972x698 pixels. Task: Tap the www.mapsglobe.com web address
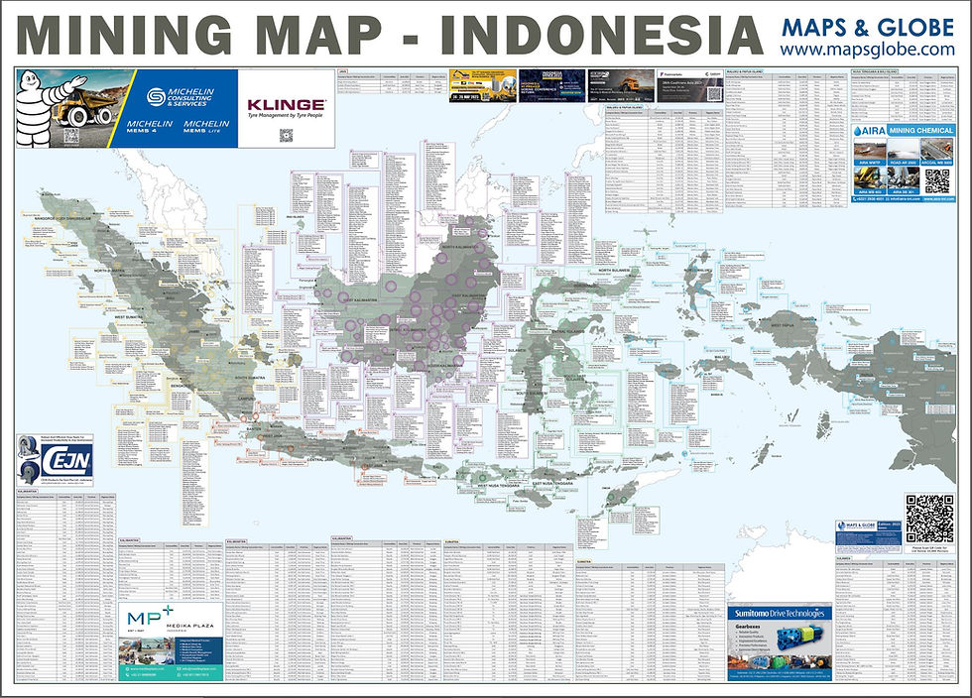[x=867, y=49]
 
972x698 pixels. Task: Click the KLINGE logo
[x=285, y=104]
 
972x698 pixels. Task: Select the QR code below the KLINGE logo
[x=286, y=135]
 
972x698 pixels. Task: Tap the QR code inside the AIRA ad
[x=936, y=180]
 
